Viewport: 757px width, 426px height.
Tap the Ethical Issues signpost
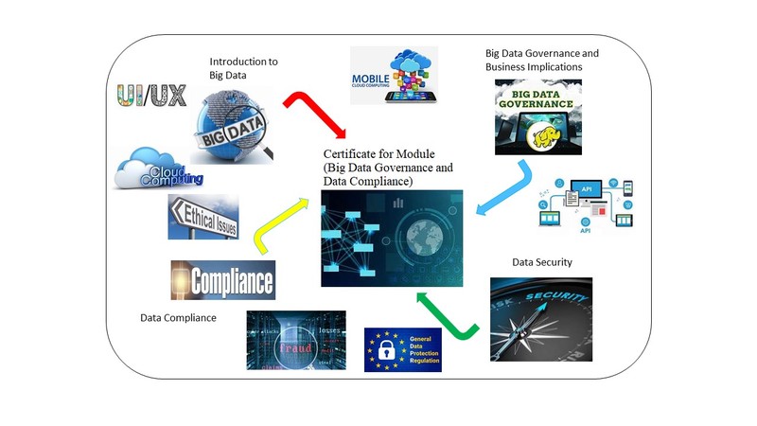point(203,217)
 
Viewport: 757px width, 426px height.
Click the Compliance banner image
point(223,280)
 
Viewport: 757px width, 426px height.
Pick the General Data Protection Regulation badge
point(403,349)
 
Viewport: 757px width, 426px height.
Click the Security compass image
point(541,319)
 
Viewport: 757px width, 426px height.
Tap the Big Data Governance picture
point(537,116)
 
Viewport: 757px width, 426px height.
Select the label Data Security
point(542,262)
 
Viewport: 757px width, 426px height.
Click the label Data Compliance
point(178,318)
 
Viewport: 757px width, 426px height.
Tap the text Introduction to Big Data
point(243,68)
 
